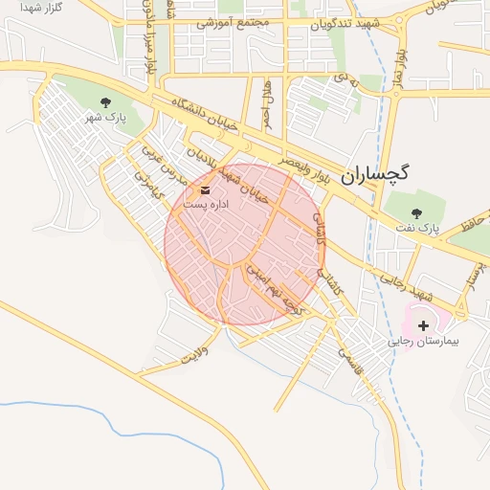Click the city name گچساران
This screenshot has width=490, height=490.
374,173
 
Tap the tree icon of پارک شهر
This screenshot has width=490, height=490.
105,101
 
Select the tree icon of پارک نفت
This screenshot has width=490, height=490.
416,213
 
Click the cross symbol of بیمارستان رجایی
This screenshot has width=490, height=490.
424,325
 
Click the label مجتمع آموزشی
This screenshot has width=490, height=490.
233,21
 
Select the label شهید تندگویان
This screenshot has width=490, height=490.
344,23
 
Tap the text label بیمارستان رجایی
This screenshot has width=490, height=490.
423,341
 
